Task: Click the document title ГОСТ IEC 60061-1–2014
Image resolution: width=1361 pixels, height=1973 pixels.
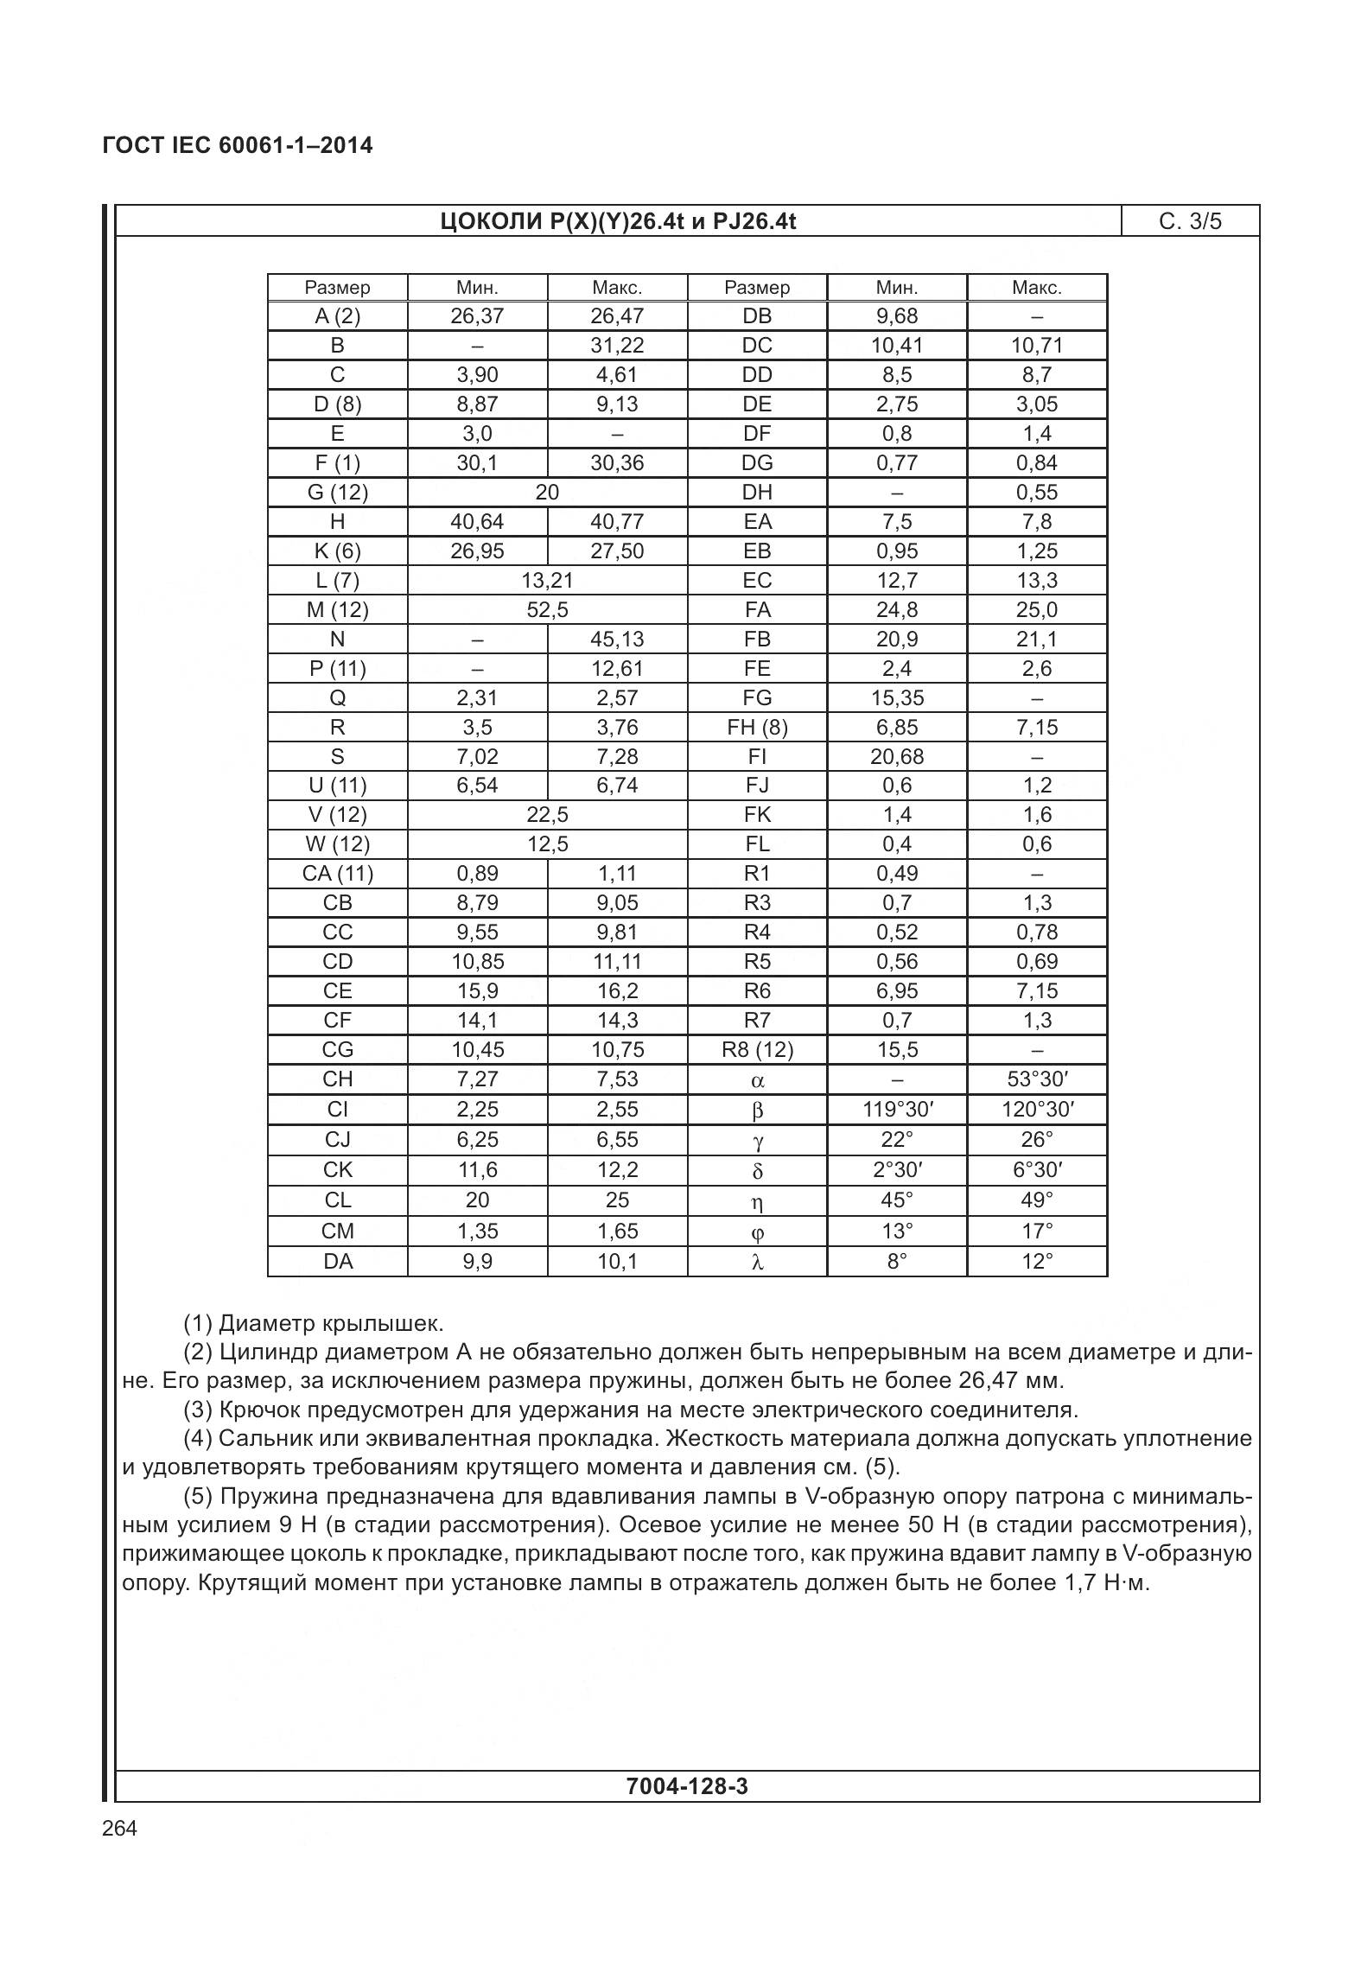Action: click(x=238, y=145)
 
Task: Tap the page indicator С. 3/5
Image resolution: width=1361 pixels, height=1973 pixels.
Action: click(x=1190, y=222)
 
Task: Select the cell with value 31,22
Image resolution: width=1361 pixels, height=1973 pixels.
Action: click(x=617, y=346)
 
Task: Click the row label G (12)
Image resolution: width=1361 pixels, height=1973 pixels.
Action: click(x=337, y=493)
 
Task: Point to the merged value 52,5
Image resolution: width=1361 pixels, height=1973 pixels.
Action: click(x=547, y=610)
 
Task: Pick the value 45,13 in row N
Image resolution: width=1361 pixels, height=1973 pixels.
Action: click(x=617, y=640)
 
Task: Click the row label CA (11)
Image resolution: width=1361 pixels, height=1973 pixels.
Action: click(x=337, y=874)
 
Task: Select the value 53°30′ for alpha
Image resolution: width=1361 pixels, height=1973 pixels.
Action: click(x=1037, y=1079)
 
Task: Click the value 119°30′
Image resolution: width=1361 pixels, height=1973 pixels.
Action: click(x=897, y=1110)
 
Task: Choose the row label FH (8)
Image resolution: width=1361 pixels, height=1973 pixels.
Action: click(x=757, y=728)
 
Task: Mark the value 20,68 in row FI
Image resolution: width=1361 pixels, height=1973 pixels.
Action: click(x=897, y=757)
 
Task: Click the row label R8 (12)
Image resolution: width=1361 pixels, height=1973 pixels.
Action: click(x=757, y=1050)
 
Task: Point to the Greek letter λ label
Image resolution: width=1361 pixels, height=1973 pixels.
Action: click(x=757, y=1263)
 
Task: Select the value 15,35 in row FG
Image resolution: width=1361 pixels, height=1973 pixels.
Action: click(x=897, y=698)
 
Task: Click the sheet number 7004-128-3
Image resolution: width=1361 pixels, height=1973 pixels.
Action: click(x=687, y=1786)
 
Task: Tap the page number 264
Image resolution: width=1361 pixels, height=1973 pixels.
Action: click(x=119, y=1829)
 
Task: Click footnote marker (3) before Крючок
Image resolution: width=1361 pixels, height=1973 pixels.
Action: click(x=198, y=1410)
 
